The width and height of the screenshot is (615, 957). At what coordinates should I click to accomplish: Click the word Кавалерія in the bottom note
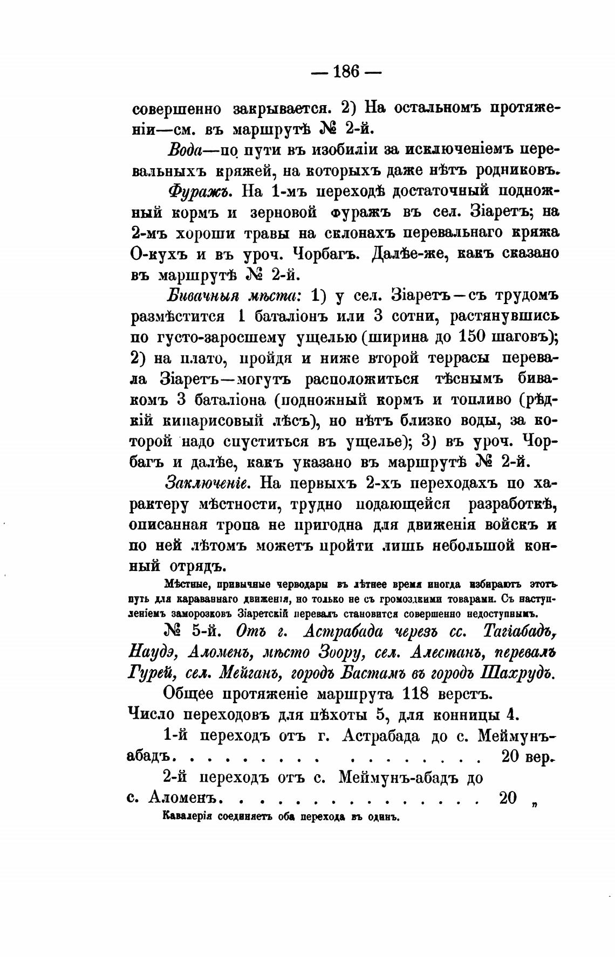pos(186,815)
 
